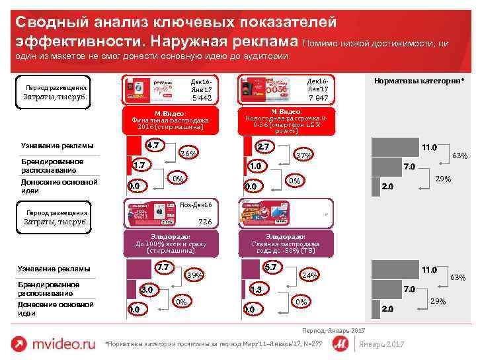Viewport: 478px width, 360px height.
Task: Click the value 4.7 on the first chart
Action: point(154,146)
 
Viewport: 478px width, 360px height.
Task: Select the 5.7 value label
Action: point(270,267)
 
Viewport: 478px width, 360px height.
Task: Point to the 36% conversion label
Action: point(188,154)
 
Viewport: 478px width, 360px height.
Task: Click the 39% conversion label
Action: point(194,275)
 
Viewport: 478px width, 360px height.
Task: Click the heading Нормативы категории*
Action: point(419,80)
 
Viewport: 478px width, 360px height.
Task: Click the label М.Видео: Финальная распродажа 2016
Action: point(171,121)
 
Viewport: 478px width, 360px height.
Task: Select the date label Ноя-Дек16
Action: point(196,204)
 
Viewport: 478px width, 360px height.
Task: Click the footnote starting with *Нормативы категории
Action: point(214,343)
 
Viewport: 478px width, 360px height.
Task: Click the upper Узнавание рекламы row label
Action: point(58,146)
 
